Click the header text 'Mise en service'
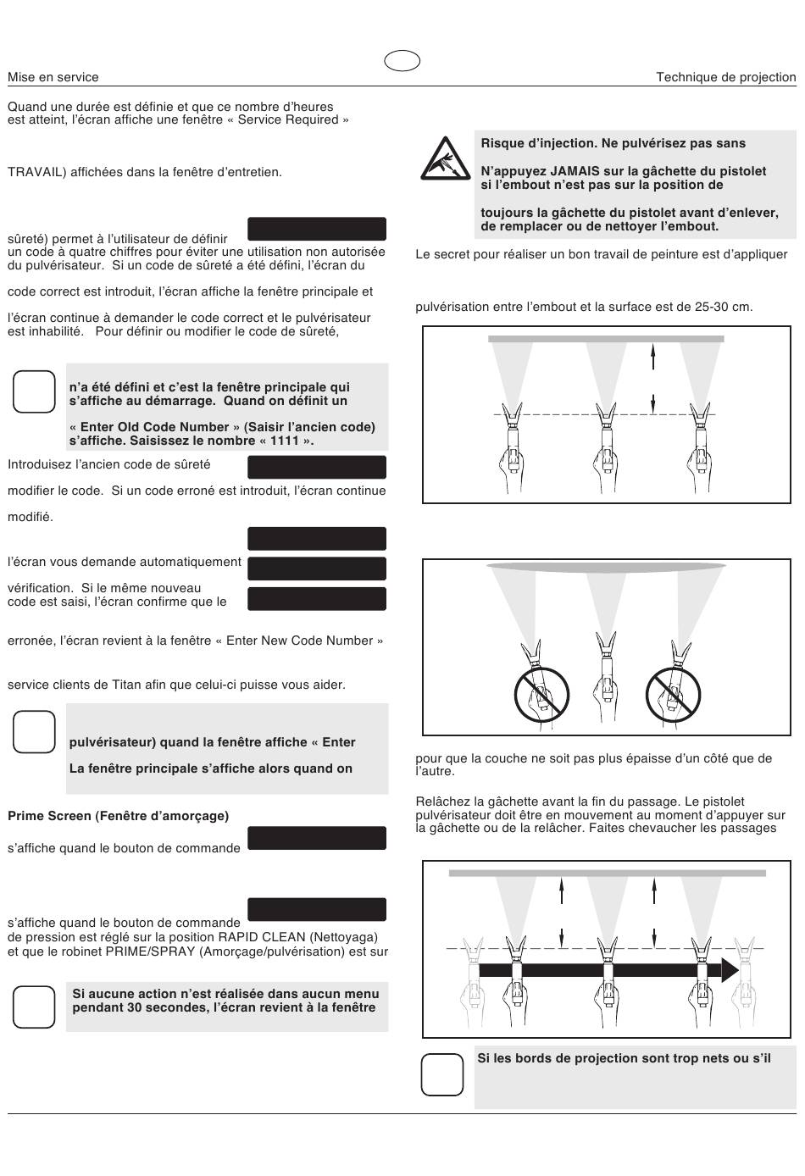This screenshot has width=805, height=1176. [53, 77]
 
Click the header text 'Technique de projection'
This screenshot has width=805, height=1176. [725, 77]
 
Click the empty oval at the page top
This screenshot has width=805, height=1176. [402, 61]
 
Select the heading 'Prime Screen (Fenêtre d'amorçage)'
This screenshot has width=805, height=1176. [119, 816]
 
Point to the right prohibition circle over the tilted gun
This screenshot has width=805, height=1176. [673, 694]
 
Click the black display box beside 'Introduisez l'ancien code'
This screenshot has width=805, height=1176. [316, 467]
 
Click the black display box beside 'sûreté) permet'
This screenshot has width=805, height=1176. [316, 229]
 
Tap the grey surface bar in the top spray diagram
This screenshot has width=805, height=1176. [606, 339]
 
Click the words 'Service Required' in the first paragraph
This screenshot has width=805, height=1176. [289, 119]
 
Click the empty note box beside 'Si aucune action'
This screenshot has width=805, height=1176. [34, 1007]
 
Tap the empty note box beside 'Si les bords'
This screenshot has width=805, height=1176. [442, 1074]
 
